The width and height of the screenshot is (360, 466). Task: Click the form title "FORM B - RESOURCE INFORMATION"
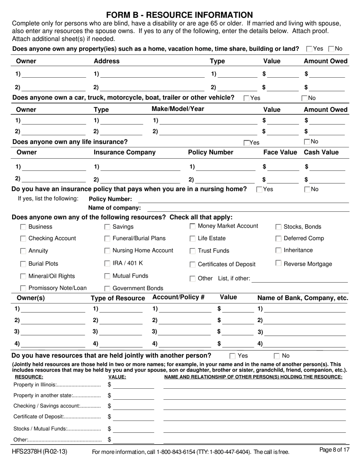pos(180,15)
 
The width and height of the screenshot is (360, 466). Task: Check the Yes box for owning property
pos(309,49)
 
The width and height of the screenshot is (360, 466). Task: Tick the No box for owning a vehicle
pos(305,98)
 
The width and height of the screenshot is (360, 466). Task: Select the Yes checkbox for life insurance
pos(247,143)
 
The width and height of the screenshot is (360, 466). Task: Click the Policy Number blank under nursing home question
pos(243,200)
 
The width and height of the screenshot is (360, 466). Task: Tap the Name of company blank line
pos(248,208)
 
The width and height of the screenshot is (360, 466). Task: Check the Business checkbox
pos(23,227)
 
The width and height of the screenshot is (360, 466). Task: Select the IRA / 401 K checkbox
pos(107,263)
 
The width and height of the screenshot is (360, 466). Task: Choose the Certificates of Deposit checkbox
pos(193,264)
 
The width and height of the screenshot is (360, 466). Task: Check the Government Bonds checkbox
pos(107,288)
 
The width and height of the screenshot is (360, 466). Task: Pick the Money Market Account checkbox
pos(193,226)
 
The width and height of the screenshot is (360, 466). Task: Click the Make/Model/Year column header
pos(178,109)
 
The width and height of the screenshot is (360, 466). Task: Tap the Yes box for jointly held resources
pos(233,356)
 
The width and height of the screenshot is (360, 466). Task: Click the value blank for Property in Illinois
pos(133,385)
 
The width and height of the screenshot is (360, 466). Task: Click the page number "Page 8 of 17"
pos(334,450)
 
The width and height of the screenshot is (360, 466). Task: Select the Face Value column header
pos(280,152)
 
